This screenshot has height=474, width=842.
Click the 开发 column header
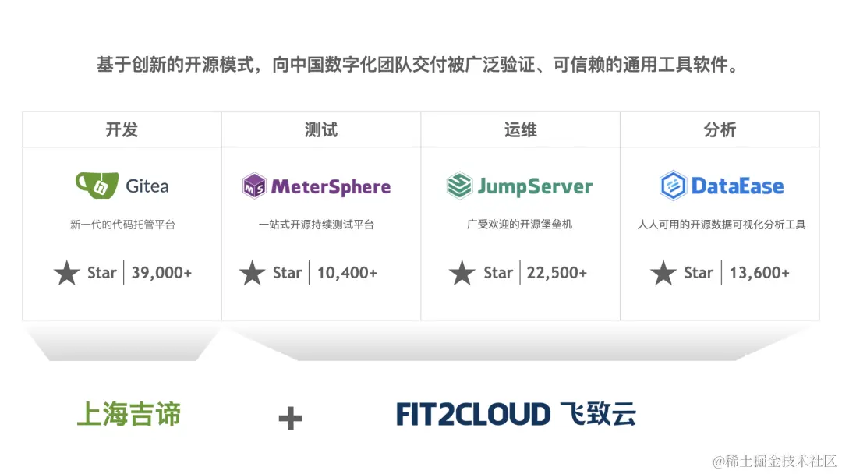pos(122,129)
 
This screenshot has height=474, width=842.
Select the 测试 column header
pos(321,129)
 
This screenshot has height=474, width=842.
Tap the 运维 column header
pos(521,129)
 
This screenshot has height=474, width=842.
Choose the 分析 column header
pos(720,129)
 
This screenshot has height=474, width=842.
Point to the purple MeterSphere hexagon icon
pos(254,186)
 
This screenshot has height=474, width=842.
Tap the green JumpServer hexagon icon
pos(459,186)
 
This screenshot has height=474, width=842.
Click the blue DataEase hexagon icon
pos(672,186)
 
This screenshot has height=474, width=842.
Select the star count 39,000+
pos(161,273)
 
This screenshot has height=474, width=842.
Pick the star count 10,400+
pos(347,273)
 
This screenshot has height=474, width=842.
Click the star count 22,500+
pos(557,273)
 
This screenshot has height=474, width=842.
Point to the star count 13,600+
pos(759,273)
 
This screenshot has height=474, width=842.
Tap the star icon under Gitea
pos(67,273)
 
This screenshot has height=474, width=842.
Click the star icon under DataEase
pos(663,273)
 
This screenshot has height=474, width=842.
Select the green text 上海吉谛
pos(129,414)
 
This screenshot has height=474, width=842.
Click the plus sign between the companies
pos(290,419)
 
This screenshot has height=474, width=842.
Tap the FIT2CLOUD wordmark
pos(473,414)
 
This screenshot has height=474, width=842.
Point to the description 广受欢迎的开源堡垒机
pos(520,225)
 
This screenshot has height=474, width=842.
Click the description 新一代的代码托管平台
pos(122,225)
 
